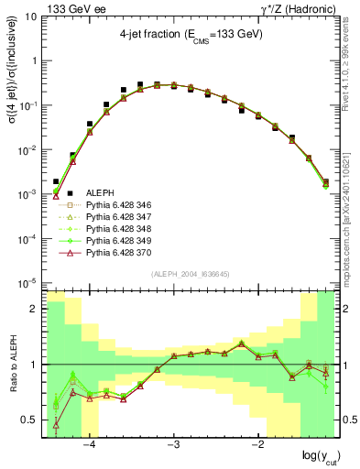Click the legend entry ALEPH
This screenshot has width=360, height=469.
coord(100,192)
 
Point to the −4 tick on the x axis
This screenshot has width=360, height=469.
coord(90,446)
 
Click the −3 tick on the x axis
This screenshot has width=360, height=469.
coord(174,446)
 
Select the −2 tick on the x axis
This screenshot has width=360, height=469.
coord(258,446)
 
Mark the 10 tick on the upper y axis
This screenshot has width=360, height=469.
coord(31,16)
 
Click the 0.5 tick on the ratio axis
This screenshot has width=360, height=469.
coord(29,420)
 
